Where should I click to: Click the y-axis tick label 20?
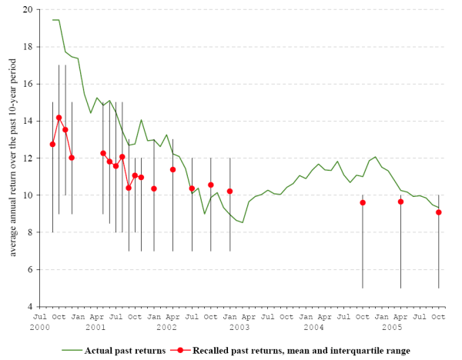click(28, 10)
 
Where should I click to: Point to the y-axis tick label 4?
click(30, 307)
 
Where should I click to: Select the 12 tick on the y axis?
click(28, 158)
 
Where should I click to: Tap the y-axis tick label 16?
click(28, 84)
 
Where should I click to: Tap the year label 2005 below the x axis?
click(393, 328)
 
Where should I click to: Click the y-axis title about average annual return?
click(12, 158)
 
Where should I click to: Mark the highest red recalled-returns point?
click(59, 118)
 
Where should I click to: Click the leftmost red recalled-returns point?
click(52, 144)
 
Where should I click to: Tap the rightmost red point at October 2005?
click(439, 212)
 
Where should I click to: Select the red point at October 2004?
click(363, 202)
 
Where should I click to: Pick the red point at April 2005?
click(400, 202)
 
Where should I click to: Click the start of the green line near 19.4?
click(52, 20)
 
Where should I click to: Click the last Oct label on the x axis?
click(438, 317)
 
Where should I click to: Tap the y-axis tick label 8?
click(30, 232)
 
